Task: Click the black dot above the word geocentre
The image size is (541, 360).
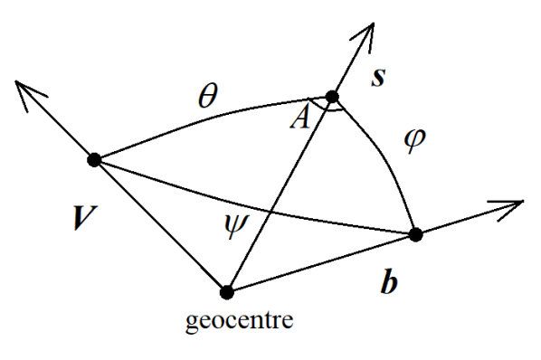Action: coord(227,291)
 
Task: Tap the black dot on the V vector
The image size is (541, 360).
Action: coord(93,160)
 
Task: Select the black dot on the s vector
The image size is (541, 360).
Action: coord(332,96)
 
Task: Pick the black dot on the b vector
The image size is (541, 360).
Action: coord(415,235)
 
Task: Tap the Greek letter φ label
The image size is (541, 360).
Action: coord(413,144)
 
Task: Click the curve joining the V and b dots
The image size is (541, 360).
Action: coord(253,204)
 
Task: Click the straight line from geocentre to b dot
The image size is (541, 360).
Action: coord(321,263)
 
